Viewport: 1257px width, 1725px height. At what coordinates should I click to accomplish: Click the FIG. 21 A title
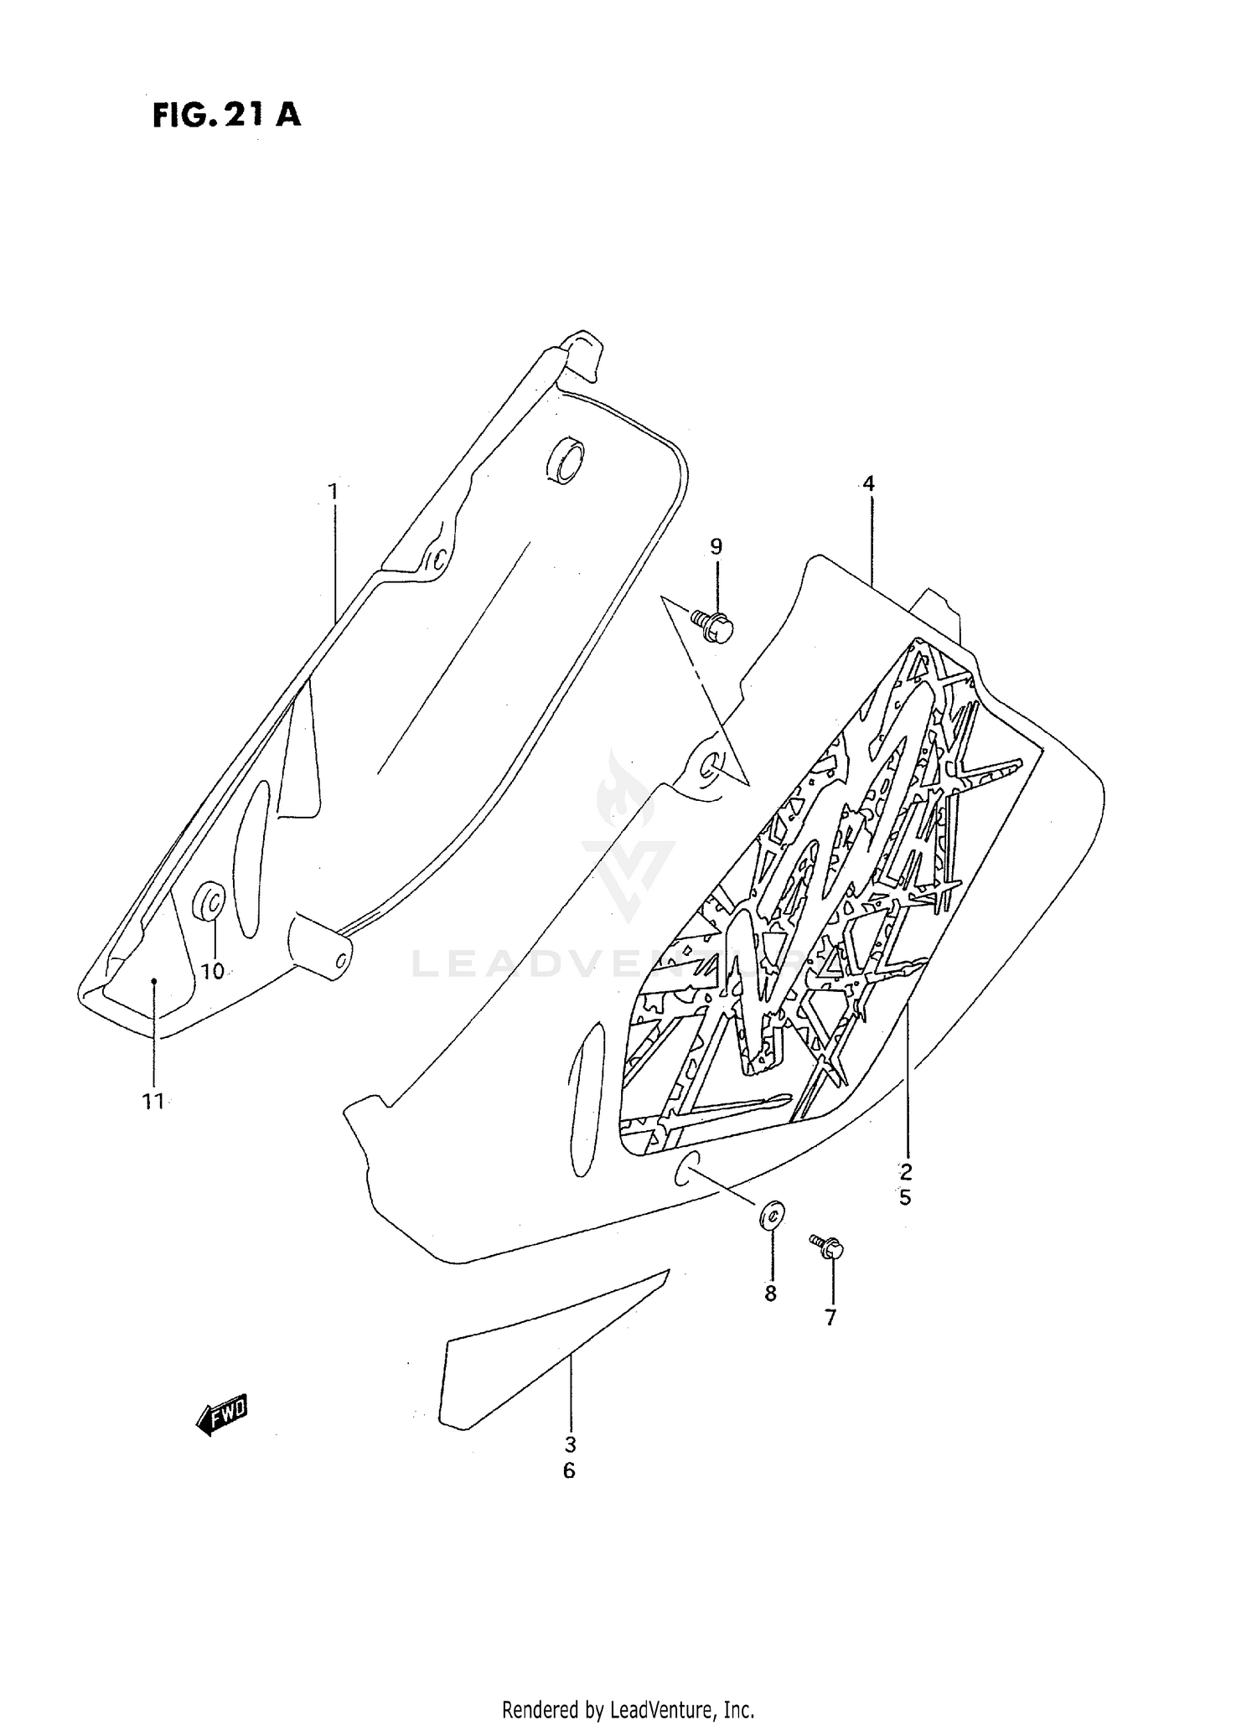[x=226, y=115]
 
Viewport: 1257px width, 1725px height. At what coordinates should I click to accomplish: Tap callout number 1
[x=333, y=491]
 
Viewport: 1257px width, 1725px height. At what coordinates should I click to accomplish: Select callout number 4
[x=868, y=483]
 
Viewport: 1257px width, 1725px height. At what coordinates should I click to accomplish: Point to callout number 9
[x=716, y=547]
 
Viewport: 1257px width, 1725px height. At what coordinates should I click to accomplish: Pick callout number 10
[x=213, y=971]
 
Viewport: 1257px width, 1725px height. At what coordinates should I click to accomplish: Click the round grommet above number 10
[x=209, y=902]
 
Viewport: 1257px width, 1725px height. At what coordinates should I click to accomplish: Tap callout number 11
[x=153, y=1102]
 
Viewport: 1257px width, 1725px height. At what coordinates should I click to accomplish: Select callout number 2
[x=906, y=1172]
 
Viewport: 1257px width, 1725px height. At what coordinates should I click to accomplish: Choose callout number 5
[x=906, y=1198]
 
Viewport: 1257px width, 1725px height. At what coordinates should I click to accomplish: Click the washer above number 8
[x=771, y=1215]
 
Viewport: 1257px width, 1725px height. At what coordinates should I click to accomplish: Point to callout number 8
[x=771, y=1294]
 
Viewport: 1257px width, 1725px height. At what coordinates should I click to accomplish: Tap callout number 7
[x=830, y=1318]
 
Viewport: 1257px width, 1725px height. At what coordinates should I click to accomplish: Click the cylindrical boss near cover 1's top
[x=566, y=460]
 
